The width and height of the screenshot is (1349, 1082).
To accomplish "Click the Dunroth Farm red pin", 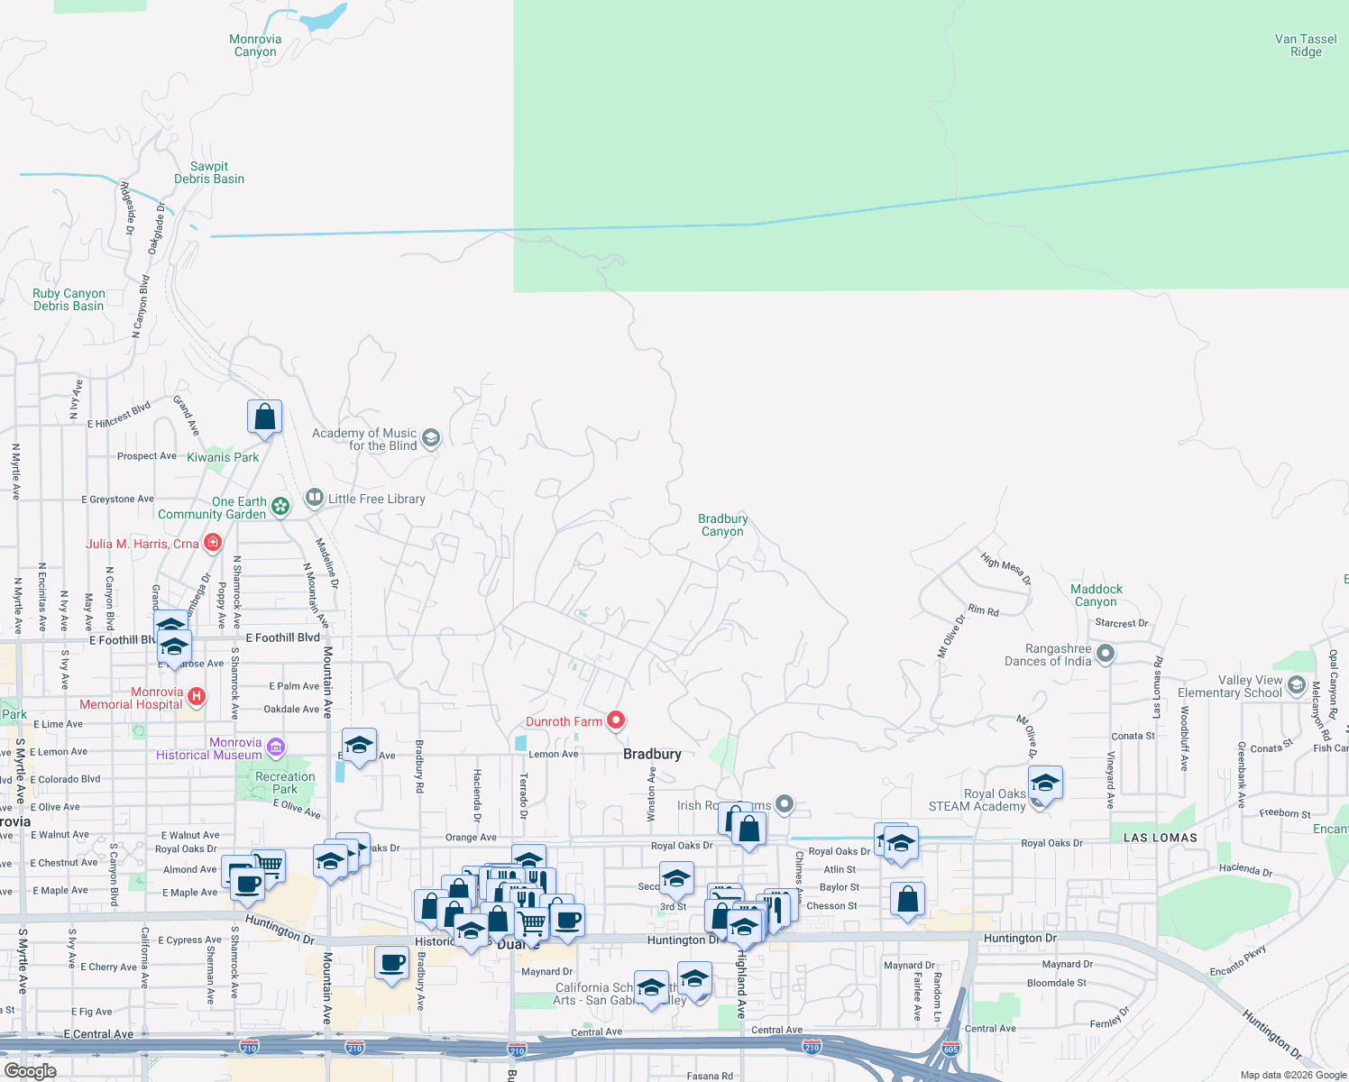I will tap(616, 720).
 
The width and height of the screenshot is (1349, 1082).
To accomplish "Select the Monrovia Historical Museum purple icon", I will tap(277, 747).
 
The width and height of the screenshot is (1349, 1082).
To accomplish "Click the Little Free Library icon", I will tap(314, 497).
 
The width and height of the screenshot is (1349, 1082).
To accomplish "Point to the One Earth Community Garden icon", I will tap(280, 506).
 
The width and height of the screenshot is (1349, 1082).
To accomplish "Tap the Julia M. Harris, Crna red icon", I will tap(213, 542).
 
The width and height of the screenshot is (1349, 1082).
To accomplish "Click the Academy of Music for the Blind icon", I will tap(431, 438).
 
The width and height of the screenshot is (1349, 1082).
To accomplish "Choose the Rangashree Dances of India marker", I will tap(1106, 653).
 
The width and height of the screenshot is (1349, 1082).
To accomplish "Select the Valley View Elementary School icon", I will tap(1297, 685).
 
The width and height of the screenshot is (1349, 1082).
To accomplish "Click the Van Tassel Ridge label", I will tap(1306, 45).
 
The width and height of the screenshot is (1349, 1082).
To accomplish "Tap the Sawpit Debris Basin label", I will tap(209, 172).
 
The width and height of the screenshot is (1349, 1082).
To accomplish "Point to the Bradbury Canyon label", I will tap(722, 525).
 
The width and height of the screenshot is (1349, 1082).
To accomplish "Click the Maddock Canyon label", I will tap(1096, 595).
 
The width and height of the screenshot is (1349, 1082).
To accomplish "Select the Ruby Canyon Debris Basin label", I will tap(69, 299).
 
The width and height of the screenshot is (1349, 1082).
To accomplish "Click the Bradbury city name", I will tap(652, 754).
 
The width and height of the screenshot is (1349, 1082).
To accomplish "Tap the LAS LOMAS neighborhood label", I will tap(1160, 838).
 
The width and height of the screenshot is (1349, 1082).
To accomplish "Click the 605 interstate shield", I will tap(950, 1049).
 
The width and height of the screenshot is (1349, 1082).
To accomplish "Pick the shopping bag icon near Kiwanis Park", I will tap(264, 417).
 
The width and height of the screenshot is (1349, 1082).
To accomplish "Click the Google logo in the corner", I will tap(30, 1070).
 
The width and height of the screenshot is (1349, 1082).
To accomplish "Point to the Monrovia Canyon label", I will tap(255, 45).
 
